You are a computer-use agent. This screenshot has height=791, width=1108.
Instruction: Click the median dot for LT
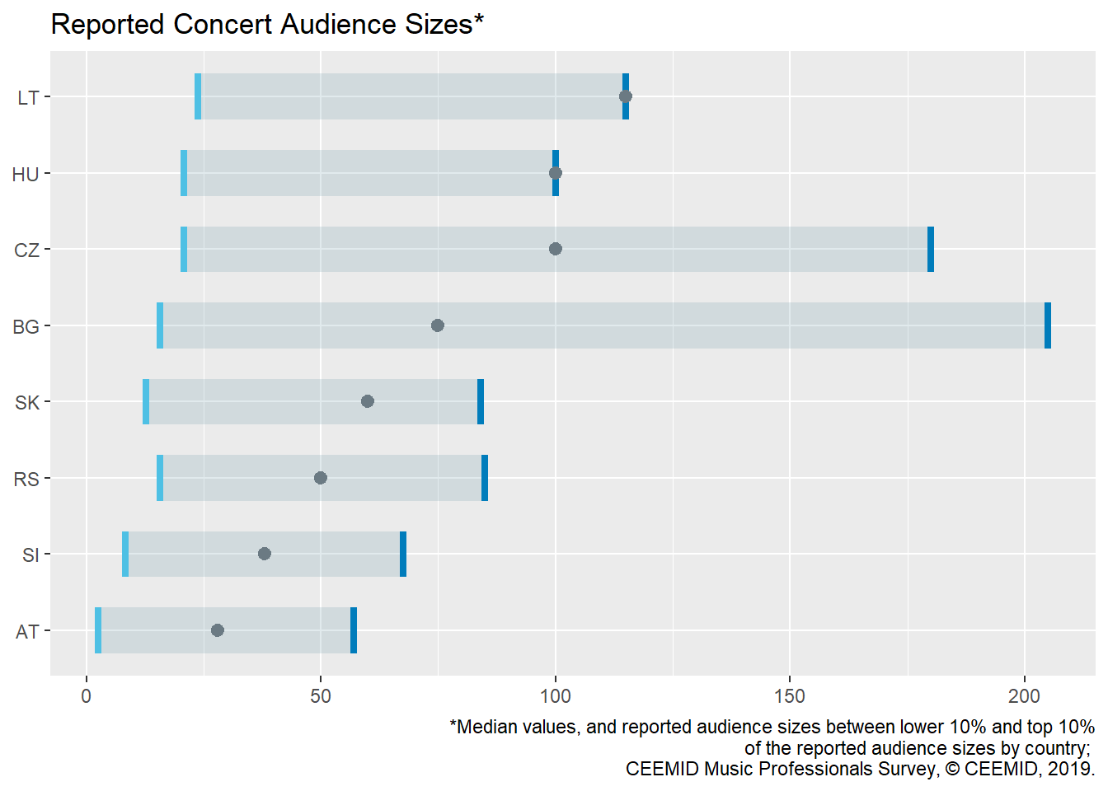pos(626,96)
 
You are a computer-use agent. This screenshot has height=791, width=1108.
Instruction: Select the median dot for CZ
pos(556,249)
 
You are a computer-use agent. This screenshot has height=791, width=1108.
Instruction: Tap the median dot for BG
pos(438,325)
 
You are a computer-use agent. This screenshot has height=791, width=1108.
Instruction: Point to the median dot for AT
pos(218,630)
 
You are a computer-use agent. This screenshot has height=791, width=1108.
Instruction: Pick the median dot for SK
pos(368,401)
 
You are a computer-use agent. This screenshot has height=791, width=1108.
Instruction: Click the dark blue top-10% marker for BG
pos(1048,325)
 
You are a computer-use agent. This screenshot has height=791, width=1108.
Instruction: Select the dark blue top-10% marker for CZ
pos(931,249)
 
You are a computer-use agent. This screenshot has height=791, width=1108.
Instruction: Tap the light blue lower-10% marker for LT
pos(198,96)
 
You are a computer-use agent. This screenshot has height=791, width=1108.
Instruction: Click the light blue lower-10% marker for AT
pos(98,630)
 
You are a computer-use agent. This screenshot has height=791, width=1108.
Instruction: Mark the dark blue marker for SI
pos(403,554)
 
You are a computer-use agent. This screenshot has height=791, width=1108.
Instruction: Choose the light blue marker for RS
pos(160,478)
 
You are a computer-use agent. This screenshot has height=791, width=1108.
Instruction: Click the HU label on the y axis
pos(26,174)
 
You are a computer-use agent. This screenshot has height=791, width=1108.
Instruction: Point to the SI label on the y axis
pos(31,555)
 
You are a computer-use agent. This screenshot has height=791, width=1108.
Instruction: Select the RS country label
pos(26,480)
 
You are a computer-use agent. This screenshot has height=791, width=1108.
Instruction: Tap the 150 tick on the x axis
pos(790,696)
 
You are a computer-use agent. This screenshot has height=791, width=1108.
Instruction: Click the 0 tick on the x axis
pos(87,696)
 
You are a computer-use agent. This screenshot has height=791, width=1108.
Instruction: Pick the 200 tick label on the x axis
pos(1025,696)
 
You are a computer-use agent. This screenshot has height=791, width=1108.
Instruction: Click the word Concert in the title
pos(223,25)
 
